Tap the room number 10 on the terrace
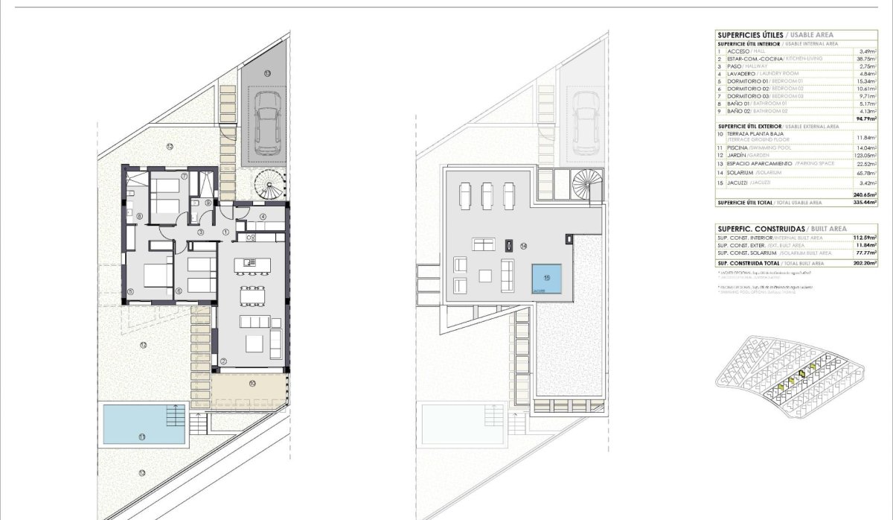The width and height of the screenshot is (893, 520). pos(252,383)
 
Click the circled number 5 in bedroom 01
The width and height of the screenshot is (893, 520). pos(130,291)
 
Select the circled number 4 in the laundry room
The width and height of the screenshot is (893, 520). pos(263,217)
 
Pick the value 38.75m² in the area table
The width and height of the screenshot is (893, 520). pos(863,59)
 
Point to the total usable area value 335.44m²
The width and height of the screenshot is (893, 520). pos(863,202)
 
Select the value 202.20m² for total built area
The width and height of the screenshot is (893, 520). pos(865,263)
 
